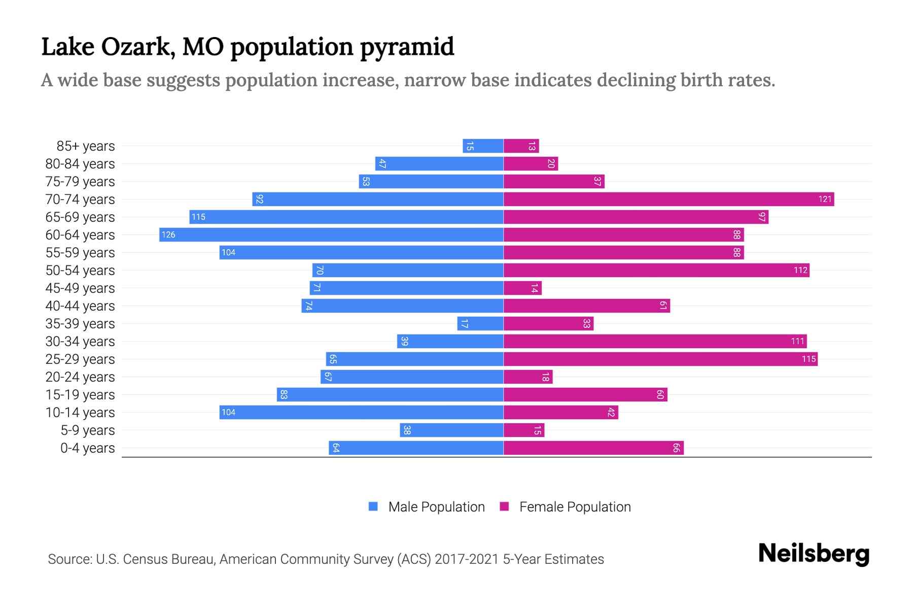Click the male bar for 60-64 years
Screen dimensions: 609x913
(x=331, y=234)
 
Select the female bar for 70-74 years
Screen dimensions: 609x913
(x=669, y=199)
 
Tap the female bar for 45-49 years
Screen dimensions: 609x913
(x=522, y=288)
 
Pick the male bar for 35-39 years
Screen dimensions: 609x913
(x=480, y=323)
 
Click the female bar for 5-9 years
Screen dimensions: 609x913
(x=524, y=430)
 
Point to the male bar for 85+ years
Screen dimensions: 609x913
(x=483, y=146)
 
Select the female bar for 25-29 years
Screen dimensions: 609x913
(x=660, y=359)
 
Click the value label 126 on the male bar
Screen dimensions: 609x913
(x=168, y=234)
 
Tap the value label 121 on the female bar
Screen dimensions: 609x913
(x=825, y=199)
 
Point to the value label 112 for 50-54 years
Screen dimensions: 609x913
(x=800, y=270)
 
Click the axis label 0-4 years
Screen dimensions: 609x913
(x=87, y=448)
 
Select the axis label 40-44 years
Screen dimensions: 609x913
(x=80, y=306)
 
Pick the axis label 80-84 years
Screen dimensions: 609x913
(x=80, y=164)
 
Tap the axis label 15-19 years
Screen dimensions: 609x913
(x=80, y=395)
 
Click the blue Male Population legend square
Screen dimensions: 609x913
(x=373, y=506)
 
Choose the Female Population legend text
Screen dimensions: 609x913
(x=575, y=506)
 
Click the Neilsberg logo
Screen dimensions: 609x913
(x=814, y=554)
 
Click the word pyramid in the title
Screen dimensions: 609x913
(x=407, y=47)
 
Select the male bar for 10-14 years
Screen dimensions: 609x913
(x=361, y=412)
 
